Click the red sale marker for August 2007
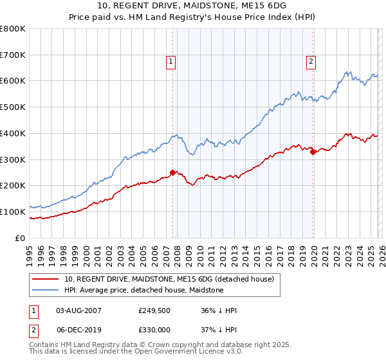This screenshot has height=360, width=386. pos(172,172)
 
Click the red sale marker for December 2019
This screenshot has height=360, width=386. pos(313,152)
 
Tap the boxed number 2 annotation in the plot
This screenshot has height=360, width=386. pos(311,62)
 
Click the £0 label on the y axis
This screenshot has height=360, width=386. pos(20,238)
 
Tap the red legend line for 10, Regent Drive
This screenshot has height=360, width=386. pos(45,279)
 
